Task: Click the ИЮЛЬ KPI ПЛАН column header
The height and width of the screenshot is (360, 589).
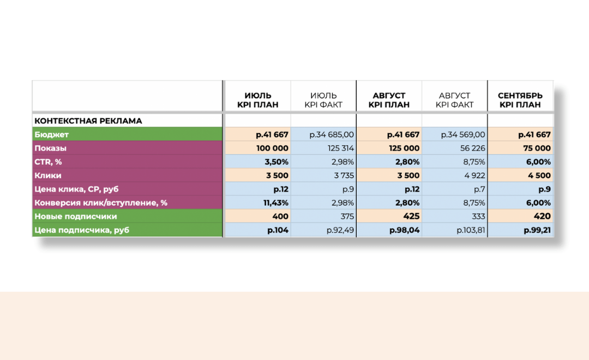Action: pos(257,100)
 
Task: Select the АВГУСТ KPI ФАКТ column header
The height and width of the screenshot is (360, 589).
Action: pos(454,100)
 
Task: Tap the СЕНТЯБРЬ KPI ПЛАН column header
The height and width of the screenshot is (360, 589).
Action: pos(520,100)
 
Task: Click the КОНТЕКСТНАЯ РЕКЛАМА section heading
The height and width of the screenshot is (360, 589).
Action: pos(88,121)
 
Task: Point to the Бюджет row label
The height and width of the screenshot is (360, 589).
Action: pos(51,134)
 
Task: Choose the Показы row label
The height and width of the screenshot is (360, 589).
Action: pos(50,148)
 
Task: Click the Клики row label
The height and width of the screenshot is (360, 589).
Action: pos(48,176)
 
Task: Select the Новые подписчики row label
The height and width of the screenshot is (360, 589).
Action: pos(75,216)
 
